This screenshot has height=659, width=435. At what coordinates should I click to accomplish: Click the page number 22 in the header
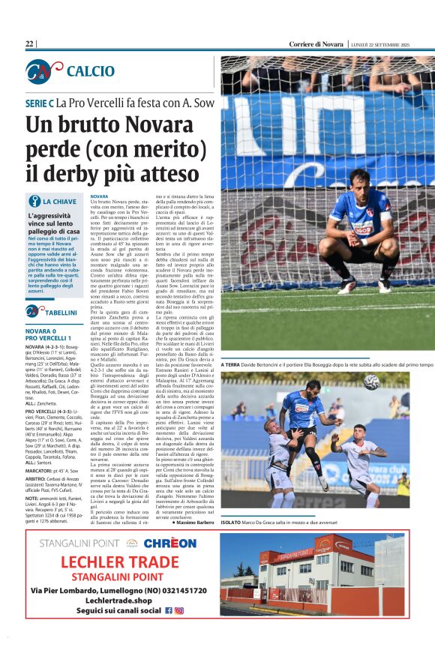point(30,44)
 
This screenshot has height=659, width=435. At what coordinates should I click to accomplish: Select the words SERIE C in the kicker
point(40,102)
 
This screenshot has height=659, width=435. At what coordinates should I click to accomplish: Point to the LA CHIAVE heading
point(59,202)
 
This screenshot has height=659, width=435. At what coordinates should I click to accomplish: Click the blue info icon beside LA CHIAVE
point(34,202)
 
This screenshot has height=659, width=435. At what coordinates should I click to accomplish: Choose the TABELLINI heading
point(61,312)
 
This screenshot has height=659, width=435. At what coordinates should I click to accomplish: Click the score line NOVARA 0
point(45,331)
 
